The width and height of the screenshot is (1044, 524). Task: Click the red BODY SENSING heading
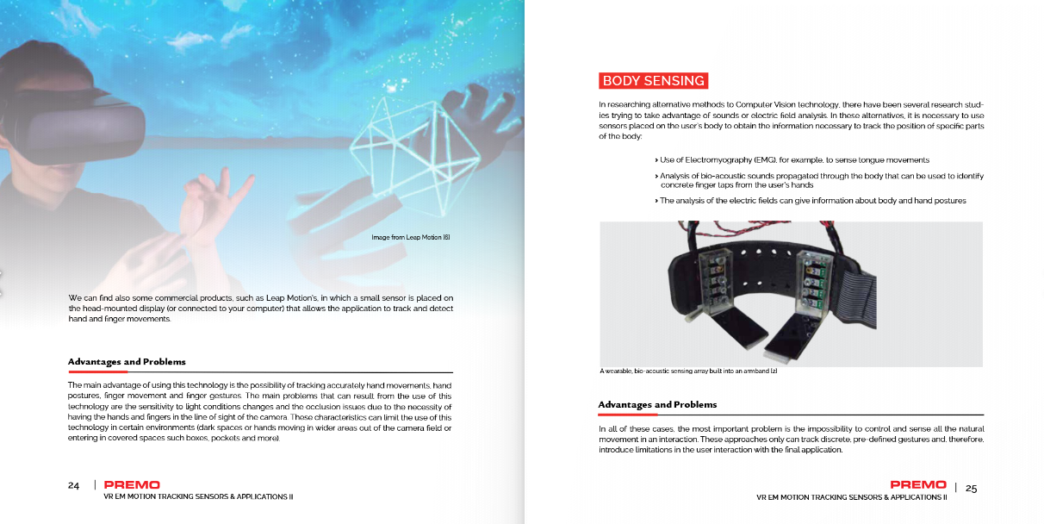click(653, 81)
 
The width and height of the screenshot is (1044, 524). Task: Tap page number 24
click(74, 485)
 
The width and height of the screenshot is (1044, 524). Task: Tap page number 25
click(971, 488)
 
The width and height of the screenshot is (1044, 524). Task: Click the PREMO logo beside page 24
click(132, 485)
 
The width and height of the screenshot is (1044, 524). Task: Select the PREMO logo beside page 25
click(918, 484)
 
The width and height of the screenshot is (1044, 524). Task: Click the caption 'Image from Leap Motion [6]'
click(411, 237)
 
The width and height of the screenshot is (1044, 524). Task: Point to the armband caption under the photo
click(688, 371)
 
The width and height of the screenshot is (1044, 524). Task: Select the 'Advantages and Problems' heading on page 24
click(127, 362)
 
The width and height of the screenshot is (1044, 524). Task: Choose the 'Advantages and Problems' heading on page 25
click(657, 404)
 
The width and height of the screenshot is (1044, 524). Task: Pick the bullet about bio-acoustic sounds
click(821, 180)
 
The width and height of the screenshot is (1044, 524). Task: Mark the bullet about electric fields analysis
click(812, 201)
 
